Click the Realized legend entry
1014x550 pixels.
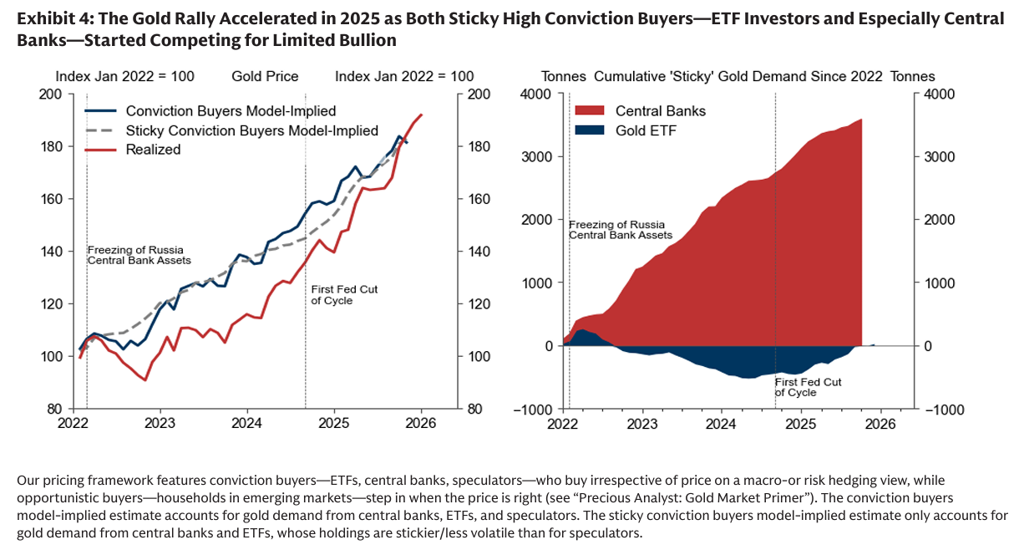click(x=153, y=150)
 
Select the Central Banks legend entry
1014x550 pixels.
click(x=660, y=110)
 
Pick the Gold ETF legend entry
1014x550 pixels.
click(x=645, y=130)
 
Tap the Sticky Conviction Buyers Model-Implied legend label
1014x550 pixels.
click(x=251, y=130)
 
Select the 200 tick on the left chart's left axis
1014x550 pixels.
click(x=51, y=94)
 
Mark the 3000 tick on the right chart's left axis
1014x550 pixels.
click(x=538, y=157)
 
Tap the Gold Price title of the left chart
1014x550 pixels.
click(x=265, y=77)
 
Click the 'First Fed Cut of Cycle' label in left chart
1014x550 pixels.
click(x=344, y=294)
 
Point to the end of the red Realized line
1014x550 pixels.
click(x=422, y=115)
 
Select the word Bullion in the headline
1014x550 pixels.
click(x=366, y=39)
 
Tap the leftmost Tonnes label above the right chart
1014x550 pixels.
click(x=563, y=77)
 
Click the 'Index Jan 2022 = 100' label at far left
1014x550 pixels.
click(x=124, y=77)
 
